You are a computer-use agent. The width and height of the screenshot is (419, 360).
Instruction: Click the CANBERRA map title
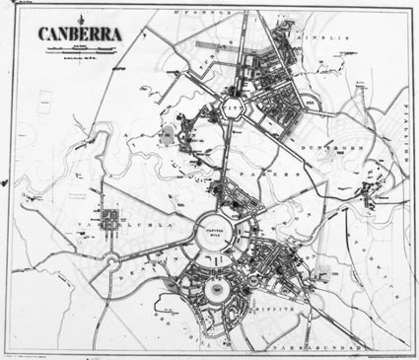click(81, 35)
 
